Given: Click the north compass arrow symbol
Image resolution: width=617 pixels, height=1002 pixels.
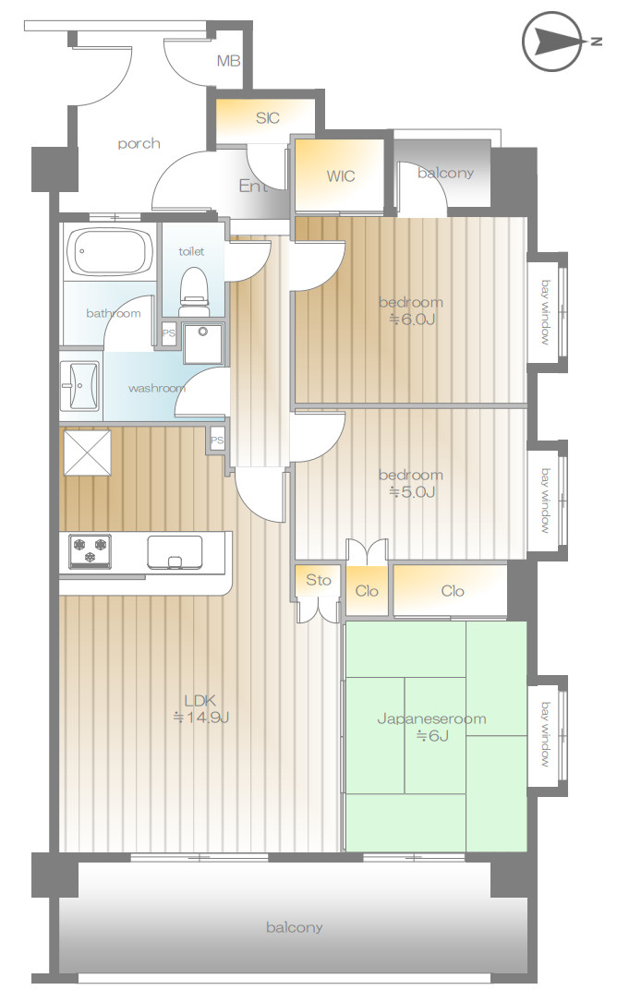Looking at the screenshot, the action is coord(553,42).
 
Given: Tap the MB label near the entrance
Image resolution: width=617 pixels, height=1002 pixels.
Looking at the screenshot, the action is coord(228,61).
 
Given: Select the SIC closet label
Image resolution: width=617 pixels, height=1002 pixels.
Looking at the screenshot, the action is coord(267,117).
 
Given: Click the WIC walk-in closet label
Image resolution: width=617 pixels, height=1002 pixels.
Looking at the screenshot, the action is coord(340,175).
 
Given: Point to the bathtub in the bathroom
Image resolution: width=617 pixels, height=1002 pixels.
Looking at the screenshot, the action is coord(110,252).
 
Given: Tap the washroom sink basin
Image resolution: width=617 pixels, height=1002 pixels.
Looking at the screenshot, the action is coord(80,385).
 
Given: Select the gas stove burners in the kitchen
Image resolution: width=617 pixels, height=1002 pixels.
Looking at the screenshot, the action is coord(90,550).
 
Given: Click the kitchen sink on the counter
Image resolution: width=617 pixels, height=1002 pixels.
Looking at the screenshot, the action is coord(175,552).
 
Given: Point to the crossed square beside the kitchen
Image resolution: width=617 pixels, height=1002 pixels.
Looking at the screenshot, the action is coord(88,453).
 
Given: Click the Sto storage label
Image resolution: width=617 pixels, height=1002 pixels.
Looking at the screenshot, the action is coord(319,580).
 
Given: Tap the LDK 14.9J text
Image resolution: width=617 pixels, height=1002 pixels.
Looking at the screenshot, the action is coord(200,708).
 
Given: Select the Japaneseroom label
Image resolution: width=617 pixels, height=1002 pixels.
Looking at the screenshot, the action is coord(431,718).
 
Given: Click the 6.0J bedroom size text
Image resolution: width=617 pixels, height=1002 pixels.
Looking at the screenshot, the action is coord(412,320).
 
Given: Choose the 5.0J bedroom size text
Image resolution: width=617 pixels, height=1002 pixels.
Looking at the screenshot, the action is coord(412,492).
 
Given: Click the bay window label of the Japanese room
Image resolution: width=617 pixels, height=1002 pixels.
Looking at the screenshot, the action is coord(545,734).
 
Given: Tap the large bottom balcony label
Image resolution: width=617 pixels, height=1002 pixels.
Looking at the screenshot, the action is coord(294,927).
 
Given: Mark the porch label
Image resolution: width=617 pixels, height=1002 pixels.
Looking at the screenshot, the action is coord(139,144).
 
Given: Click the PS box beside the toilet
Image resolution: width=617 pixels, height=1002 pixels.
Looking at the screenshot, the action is coord(169,333).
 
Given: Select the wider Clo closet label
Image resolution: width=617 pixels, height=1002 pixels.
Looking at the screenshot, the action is coord(452,591).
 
